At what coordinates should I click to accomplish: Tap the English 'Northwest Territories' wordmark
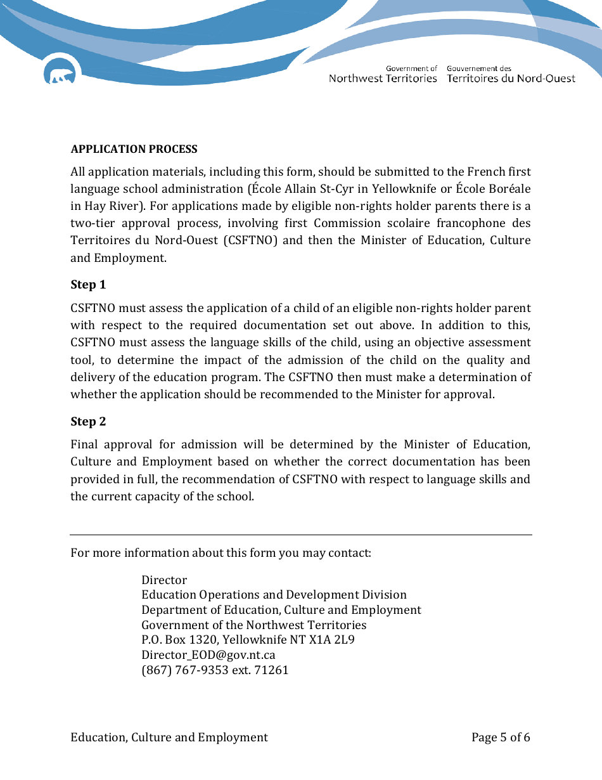tap(383, 79)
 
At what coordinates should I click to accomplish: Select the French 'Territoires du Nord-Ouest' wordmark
tap(511, 79)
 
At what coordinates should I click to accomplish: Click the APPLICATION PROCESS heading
tap(134, 149)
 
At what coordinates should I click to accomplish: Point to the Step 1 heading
tap(88, 285)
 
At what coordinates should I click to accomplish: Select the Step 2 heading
tap(88, 422)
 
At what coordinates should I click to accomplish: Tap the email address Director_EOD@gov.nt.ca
tap(208, 655)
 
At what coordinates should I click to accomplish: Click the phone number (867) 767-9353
tap(185, 670)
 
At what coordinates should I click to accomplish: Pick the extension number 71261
tap(271, 670)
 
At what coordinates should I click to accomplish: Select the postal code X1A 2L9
tap(332, 640)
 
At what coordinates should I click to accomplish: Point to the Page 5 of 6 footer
tap(501, 737)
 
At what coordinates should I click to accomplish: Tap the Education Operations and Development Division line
tap(274, 595)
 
